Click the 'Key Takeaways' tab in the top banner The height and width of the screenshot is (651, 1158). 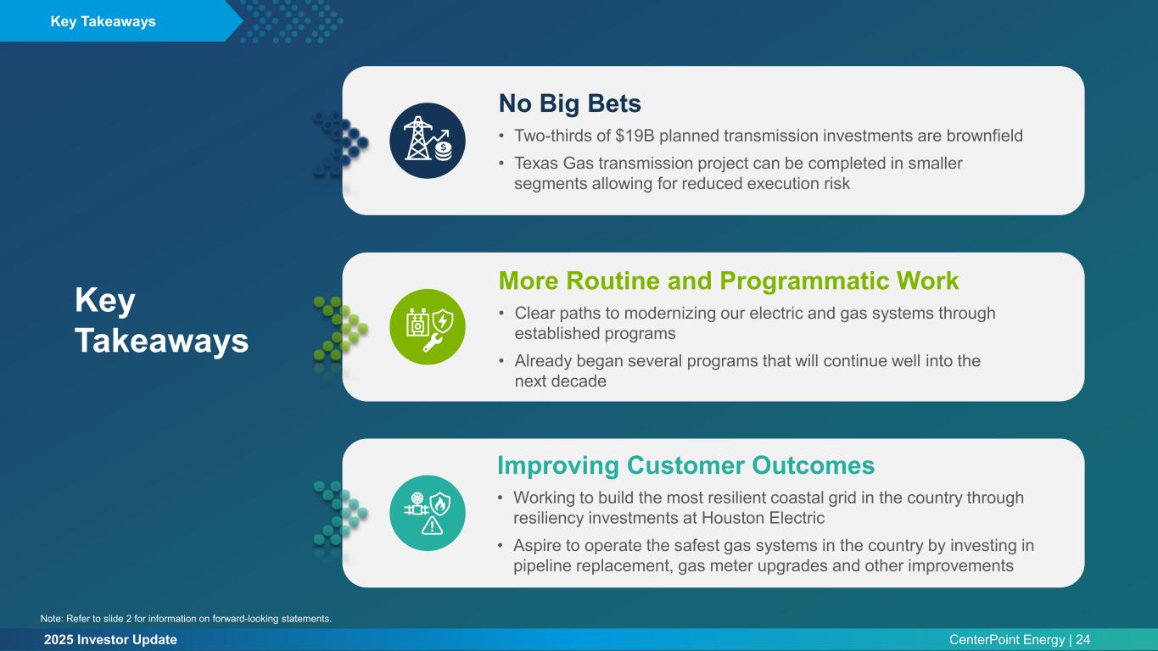[103, 21]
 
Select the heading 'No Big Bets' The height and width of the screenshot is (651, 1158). [570, 103]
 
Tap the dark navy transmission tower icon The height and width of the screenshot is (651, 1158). [427, 141]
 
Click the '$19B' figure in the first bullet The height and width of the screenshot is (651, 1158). [635, 136]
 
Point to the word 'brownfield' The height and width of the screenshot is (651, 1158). [984, 136]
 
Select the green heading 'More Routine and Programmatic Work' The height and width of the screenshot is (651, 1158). [729, 281]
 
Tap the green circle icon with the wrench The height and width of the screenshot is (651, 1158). [427, 326]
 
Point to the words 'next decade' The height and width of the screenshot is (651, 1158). [561, 381]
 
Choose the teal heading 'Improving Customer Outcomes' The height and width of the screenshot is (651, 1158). [685, 465]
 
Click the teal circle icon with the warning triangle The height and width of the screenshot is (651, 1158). [427, 513]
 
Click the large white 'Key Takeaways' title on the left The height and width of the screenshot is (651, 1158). [161, 320]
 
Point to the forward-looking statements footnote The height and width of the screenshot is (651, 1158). [186, 619]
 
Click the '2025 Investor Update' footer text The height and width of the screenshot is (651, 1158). [110, 640]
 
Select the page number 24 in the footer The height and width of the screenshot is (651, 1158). [1083, 640]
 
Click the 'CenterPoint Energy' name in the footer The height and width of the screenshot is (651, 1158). [1006, 640]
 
